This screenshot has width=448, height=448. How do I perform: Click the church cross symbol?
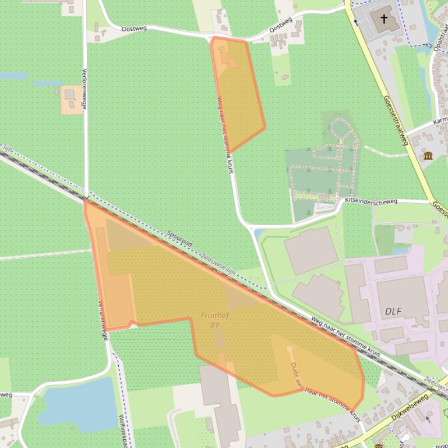pyautogui.click(x=384, y=19)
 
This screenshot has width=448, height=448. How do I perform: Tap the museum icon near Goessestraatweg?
pyautogui.click(x=429, y=155)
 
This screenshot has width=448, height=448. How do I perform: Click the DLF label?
pyautogui.click(x=394, y=311)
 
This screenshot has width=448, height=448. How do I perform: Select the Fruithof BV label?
pyautogui.click(x=214, y=319)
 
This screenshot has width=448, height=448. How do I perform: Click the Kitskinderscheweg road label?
pyautogui.click(x=371, y=201)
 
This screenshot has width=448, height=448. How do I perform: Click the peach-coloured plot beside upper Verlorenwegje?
pyautogui.click(x=72, y=100)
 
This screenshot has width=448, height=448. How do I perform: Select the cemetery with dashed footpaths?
pyautogui.click(x=322, y=169)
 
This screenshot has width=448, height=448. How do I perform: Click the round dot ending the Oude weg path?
pyautogui.click(x=290, y=349)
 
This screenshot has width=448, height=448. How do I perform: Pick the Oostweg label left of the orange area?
pyautogui.click(x=134, y=28)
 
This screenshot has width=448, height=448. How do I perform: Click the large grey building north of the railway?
pyautogui.click(x=311, y=250)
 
